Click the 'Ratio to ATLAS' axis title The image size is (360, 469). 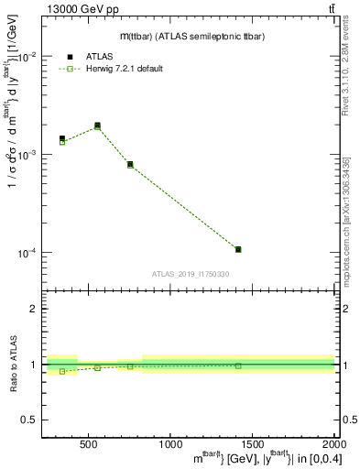click(13, 365)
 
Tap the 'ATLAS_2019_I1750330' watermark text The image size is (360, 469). click(191, 274)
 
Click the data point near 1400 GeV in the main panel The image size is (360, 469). click(238, 249)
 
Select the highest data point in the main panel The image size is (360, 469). click(97, 125)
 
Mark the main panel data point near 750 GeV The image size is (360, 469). click(130, 165)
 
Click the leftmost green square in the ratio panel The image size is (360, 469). click(62, 371)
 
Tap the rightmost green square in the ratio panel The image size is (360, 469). click(238, 365)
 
